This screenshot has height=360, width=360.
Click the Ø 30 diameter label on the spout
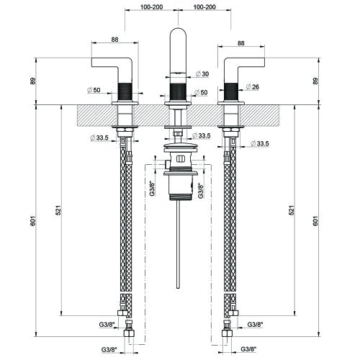(202, 74)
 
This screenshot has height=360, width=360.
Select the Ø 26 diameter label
(253, 86)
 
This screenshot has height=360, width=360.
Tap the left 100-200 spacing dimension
(151, 7)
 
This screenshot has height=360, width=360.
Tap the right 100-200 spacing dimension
(204, 7)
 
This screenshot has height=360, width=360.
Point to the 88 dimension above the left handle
(114, 39)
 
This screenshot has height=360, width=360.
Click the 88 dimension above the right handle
(240, 43)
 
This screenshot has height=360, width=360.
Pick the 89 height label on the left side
(33, 81)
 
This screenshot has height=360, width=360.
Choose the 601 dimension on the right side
(315, 221)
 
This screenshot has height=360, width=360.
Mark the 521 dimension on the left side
(59, 210)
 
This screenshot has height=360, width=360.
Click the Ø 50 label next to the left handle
(94, 90)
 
